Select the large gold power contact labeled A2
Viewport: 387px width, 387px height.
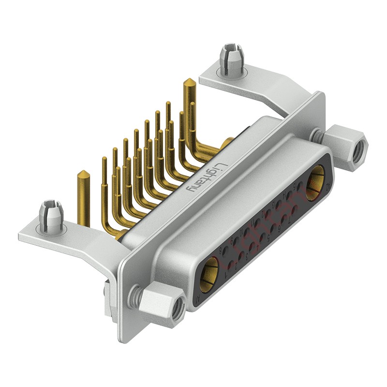315,183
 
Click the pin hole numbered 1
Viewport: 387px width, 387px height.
231,265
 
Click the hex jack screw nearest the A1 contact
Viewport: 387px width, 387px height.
160,305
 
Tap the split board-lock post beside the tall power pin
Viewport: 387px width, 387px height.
230,58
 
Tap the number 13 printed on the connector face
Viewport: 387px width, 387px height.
273,205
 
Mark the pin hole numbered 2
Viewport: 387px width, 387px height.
241,256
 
